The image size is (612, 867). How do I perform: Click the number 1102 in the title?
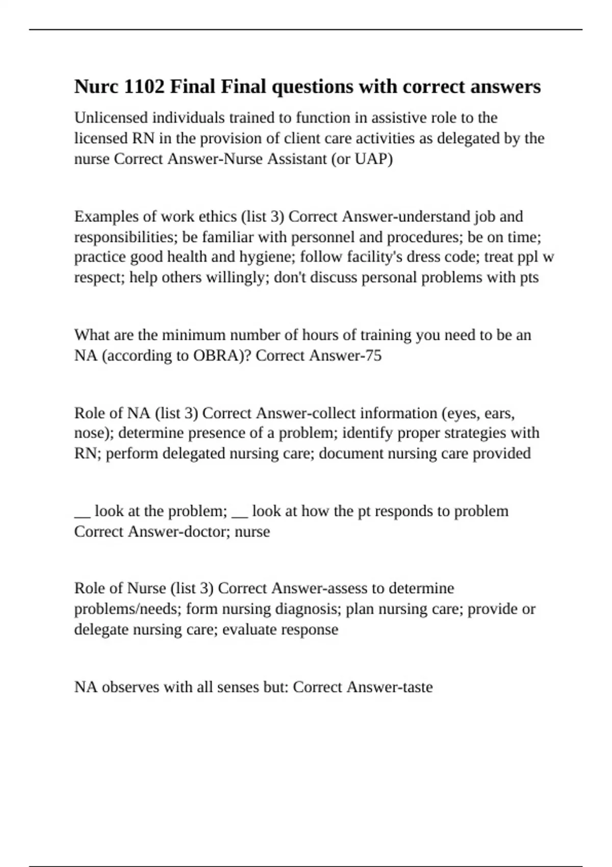[144, 87]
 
